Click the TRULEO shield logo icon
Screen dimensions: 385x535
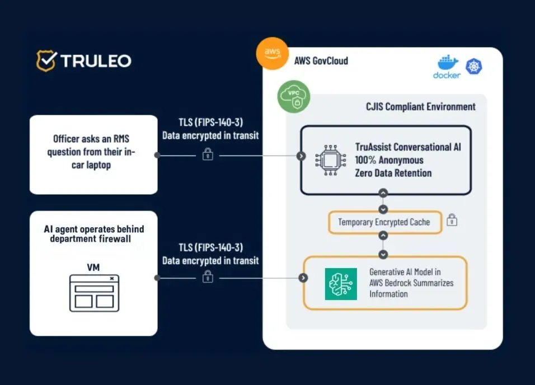46,60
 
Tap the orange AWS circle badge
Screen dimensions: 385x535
272,53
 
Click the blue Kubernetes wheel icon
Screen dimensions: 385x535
474,67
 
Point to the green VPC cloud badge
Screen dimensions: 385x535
294,97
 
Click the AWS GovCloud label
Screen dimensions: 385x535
321,61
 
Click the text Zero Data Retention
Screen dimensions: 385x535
393,173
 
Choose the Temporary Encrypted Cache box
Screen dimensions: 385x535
384,222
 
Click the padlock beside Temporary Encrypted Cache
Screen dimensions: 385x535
452,221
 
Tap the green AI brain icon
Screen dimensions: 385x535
341,284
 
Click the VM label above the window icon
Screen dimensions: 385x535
93,267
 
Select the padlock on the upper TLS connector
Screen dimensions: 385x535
207,154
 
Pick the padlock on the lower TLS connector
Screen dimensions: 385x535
208,277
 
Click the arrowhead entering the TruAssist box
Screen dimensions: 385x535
301,156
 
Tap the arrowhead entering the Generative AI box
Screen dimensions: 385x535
303,278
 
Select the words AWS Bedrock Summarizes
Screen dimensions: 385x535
411,283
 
